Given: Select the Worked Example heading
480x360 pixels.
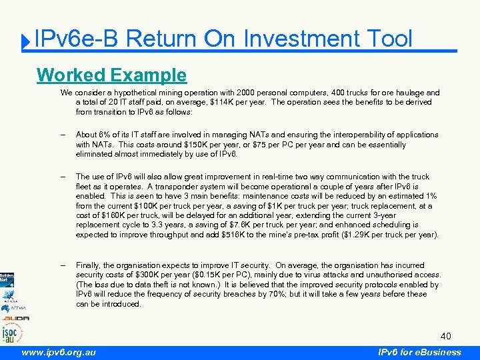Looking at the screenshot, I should pyautogui.click(x=112, y=74).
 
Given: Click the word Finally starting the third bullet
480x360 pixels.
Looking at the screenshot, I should pyautogui.click(x=89, y=265).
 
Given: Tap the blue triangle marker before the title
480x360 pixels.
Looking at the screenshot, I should pyautogui.click(x=24, y=43).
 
